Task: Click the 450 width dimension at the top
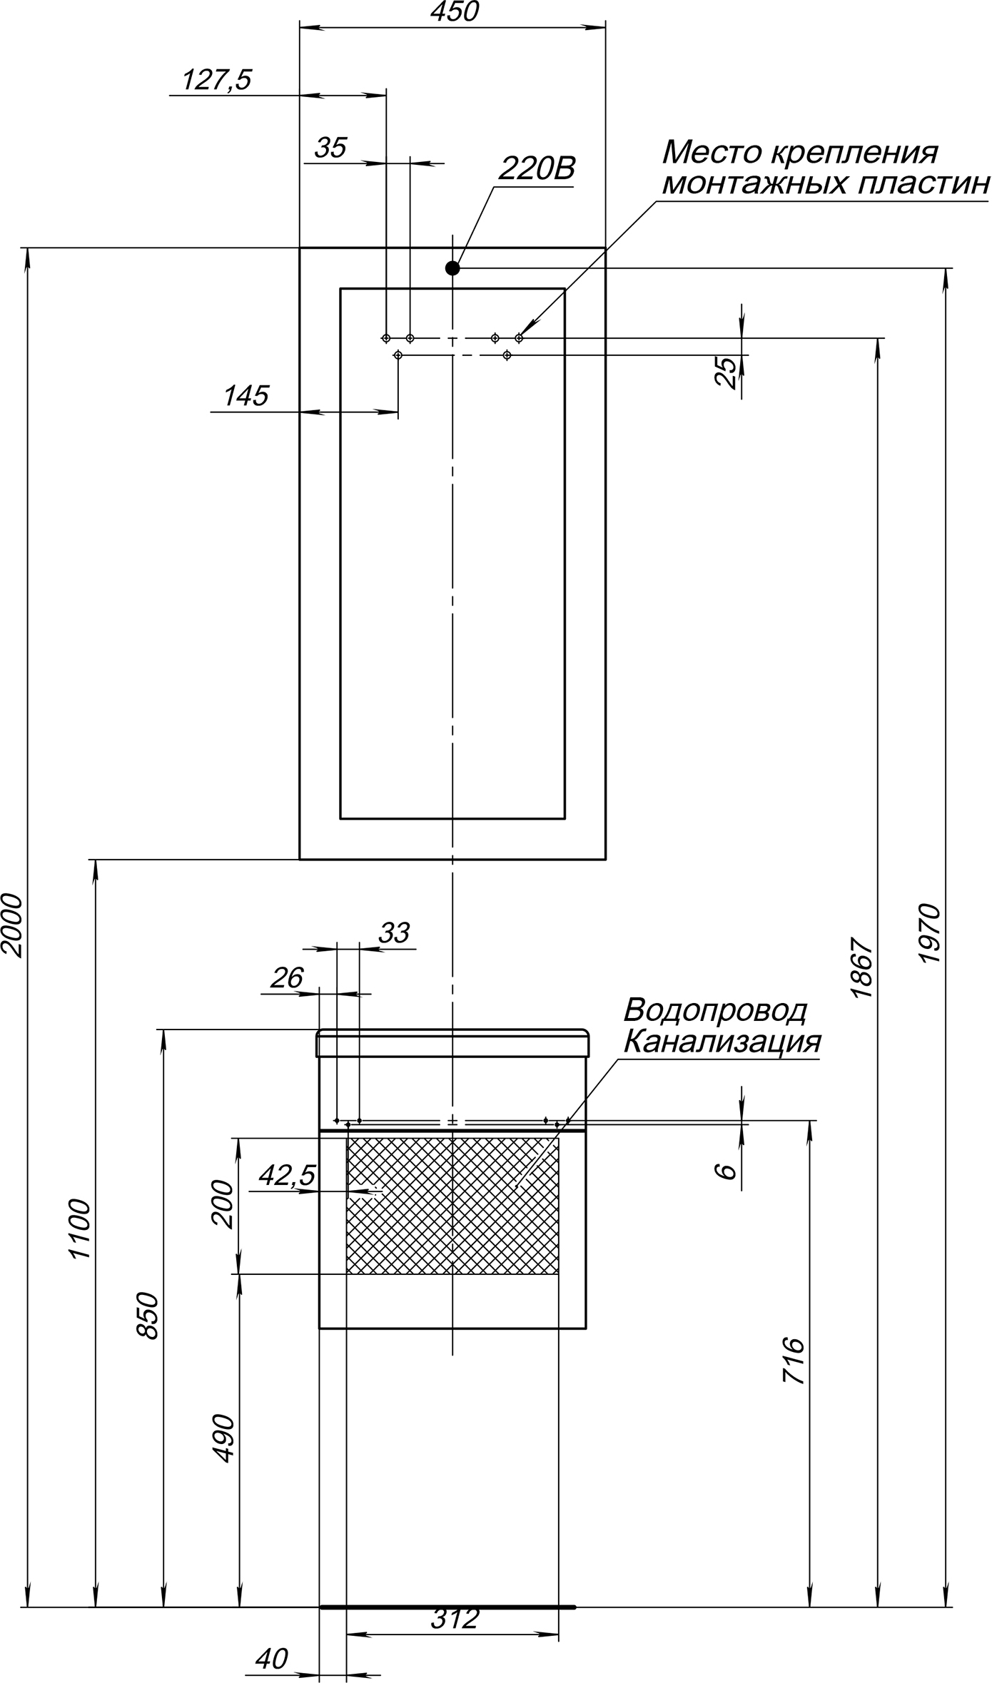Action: pos(454,12)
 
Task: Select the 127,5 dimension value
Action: pos(217,80)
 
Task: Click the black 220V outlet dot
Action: pos(452,268)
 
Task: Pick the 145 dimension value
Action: pos(246,396)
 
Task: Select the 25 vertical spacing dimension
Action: pos(727,372)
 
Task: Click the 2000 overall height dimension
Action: pos(14,924)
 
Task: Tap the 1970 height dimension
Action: pos(931,934)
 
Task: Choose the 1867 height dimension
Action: pos(862,967)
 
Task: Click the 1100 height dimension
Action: pos(81,1229)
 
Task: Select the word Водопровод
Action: pos(715,1010)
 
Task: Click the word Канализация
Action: pos(722,1042)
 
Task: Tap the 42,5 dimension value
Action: pos(287,1175)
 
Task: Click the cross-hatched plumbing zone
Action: pos(452,1205)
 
